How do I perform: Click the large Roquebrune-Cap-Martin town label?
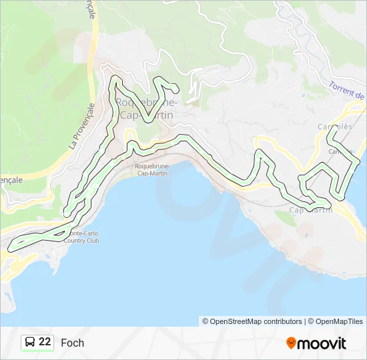click(x=145, y=109)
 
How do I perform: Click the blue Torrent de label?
click(x=347, y=91)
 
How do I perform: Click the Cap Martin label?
click(x=311, y=210)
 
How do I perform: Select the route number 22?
click(x=45, y=342)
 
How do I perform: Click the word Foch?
click(x=72, y=343)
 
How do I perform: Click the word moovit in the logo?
click(x=322, y=343)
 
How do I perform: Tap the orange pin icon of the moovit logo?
click(x=292, y=343)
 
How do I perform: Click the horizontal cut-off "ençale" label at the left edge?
click(x=11, y=180)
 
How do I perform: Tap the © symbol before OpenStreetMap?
click(x=206, y=321)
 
